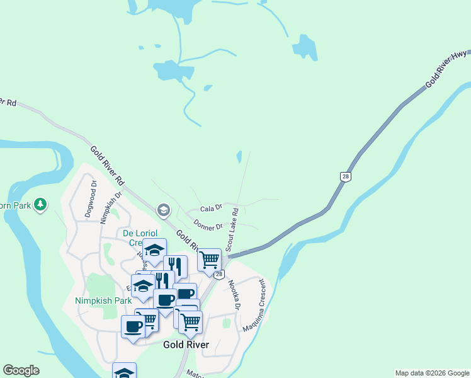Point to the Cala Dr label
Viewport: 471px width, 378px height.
tap(211, 208)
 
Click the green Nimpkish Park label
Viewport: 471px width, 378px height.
tap(103, 301)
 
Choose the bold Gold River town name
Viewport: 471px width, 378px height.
tap(186, 345)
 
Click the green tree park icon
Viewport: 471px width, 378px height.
tap(41, 205)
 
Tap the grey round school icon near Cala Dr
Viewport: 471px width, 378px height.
tap(164, 210)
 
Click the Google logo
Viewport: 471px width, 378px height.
tap(21, 370)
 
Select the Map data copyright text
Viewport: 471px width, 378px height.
tap(432, 373)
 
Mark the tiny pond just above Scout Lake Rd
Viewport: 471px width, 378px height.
tap(239, 156)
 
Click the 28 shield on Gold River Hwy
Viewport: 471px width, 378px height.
tap(345, 177)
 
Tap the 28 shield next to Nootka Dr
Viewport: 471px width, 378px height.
tap(218, 275)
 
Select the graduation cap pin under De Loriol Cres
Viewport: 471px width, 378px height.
tap(154, 251)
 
